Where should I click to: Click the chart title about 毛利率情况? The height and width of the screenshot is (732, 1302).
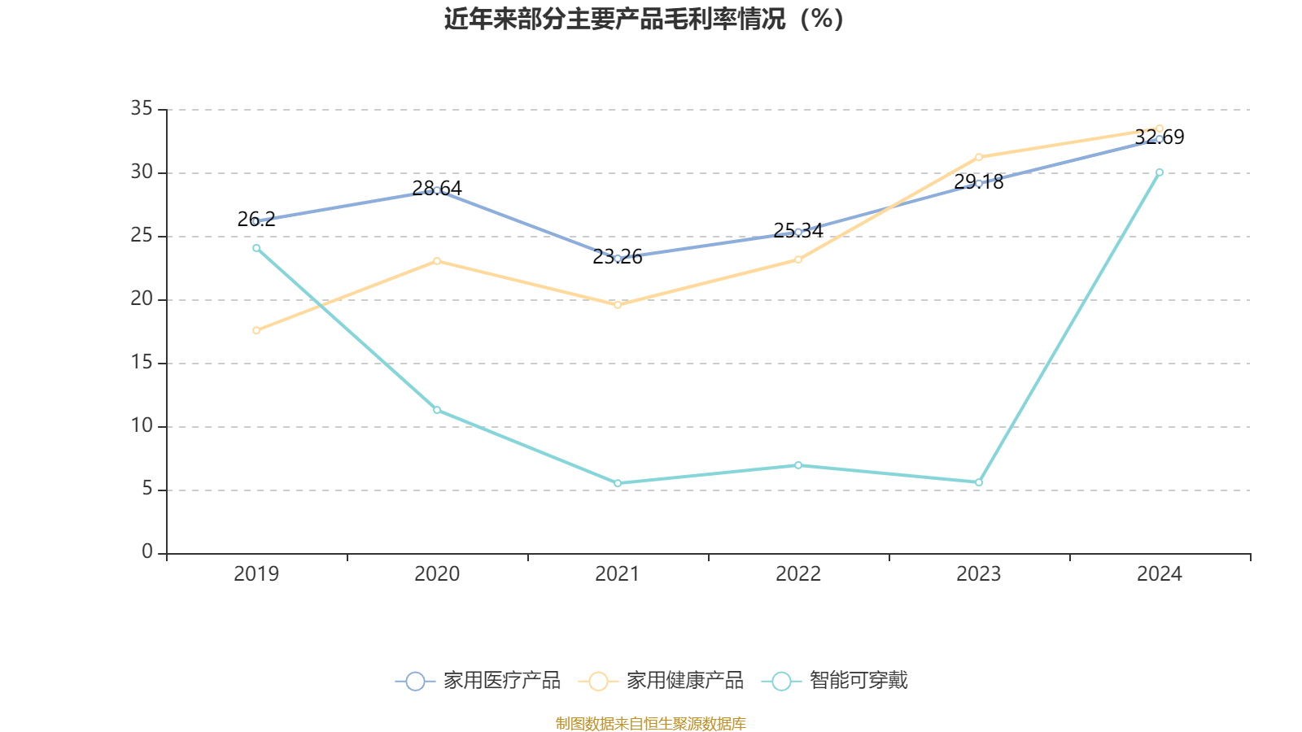pyautogui.click(x=644, y=19)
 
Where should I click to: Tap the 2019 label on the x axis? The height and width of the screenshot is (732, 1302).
pyautogui.click(x=256, y=574)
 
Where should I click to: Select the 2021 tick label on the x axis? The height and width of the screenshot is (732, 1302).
pyautogui.click(x=618, y=574)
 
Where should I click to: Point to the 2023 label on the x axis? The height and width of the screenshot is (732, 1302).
pyautogui.click(x=979, y=574)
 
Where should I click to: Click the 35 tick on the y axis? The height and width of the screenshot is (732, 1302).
pyautogui.click(x=142, y=109)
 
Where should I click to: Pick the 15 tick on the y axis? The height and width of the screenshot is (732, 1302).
pyautogui.click(x=142, y=363)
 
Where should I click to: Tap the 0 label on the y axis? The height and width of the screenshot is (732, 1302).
pyautogui.click(x=147, y=552)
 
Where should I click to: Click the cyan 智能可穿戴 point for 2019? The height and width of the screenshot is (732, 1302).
pyautogui.click(x=256, y=248)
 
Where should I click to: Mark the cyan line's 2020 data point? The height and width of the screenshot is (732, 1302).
pyautogui.click(x=437, y=410)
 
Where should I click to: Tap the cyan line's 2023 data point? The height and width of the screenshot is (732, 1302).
pyautogui.click(x=979, y=482)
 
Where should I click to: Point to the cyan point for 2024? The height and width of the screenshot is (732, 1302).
pyautogui.click(x=1160, y=172)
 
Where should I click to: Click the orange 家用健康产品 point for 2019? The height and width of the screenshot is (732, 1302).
pyautogui.click(x=256, y=330)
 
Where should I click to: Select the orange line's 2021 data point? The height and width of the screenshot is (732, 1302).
pyautogui.click(x=618, y=305)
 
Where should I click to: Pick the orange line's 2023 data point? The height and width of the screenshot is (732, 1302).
pyautogui.click(x=979, y=157)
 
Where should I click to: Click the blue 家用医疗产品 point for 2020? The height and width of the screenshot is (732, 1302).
pyautogui.click(x=437, y=190)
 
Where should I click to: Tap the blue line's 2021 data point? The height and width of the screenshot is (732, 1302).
pyautogui.click(x=618, y=259)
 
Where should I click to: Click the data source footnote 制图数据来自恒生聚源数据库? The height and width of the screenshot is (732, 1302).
pyautogui.click(x=650, y=724)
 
